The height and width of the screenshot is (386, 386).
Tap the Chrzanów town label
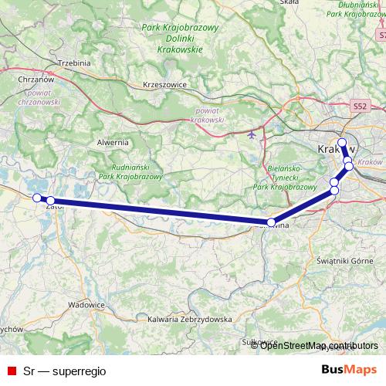[35, 78]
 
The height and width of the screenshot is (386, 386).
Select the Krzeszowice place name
[165, 86]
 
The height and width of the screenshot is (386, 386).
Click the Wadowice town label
[86, 305]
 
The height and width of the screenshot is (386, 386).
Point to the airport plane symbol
[252, 134]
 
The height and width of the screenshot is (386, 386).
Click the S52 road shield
[357, 104]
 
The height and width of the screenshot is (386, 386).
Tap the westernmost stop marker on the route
[36, 198]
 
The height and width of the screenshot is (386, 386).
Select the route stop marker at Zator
[51, 201]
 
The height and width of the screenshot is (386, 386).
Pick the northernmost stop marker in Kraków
[342, 142]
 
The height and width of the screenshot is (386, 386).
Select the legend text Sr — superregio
[64, 371]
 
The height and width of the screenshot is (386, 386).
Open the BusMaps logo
[349, 371]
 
